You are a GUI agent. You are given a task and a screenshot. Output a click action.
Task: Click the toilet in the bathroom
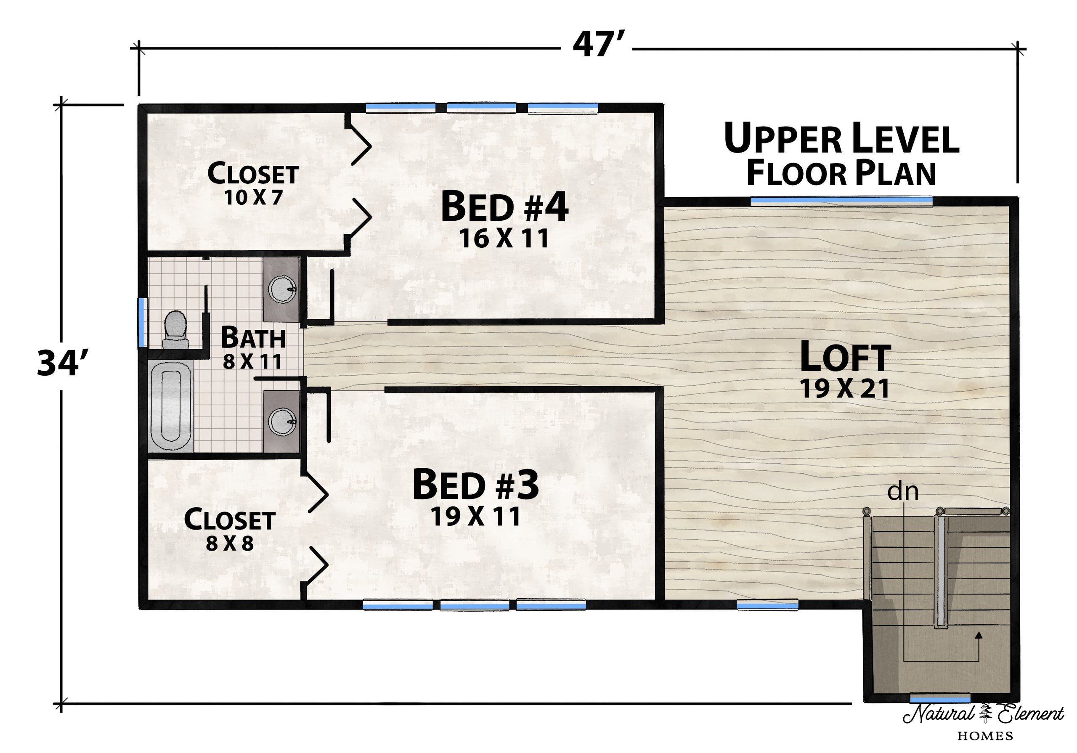click(x=175, y=330)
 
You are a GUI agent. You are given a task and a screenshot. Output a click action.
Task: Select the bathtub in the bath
click(x=171, y=406)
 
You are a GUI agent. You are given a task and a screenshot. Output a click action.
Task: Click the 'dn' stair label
click(x=902, y=492)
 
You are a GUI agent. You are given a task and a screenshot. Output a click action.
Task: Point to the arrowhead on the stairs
click(x=978, y=635)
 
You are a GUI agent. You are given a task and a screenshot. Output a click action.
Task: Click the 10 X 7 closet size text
click(x=253, y=198)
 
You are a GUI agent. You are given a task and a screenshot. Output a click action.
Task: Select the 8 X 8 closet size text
click(x=230, y=543)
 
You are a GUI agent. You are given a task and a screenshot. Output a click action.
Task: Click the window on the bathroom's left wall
click(x=141, y=323)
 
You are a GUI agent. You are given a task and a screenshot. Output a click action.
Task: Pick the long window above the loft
click(x=841, y=200)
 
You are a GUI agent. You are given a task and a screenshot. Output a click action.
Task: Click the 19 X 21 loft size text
click(x=845, y=389)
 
